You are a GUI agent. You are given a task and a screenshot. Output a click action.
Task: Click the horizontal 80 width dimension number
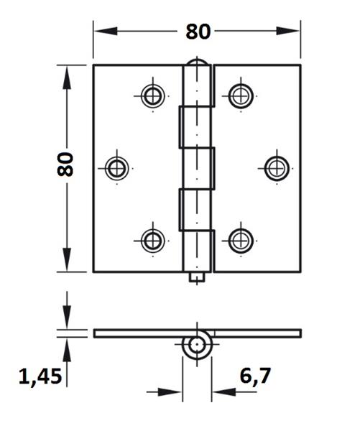(198, 32)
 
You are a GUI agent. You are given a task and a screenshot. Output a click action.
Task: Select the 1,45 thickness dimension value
(40, 375)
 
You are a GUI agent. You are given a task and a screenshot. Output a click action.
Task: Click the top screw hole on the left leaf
(152, 96)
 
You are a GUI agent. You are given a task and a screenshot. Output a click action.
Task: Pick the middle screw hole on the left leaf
(116, 168)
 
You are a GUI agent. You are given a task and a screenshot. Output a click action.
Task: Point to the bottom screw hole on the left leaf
(152, 240)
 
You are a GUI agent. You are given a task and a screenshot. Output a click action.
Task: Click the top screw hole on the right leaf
(239, 96)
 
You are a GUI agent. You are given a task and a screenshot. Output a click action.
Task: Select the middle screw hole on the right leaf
(274, 168)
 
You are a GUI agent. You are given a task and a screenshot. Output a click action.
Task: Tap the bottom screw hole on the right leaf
(239, 240)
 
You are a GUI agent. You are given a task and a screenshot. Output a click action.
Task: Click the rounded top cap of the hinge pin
(197, 65)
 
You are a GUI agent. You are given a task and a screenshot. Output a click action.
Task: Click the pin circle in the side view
(196, 345)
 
